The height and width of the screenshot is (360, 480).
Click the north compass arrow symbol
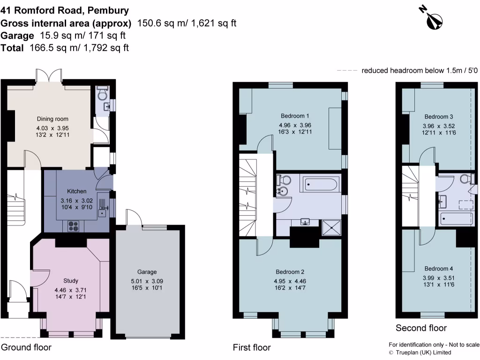tap(434, 18)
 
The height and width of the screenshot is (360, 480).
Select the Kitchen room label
tap(76, 191)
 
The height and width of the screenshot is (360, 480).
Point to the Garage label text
tap(147, 272)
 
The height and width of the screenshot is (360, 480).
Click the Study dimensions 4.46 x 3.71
tap(70, 289)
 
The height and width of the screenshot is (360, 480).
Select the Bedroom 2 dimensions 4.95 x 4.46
tap(290, 281)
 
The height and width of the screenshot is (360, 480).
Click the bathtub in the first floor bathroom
tap(320, 184)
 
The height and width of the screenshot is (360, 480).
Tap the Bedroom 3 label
tap(439, 117)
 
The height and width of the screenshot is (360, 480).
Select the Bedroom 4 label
tap(439, 269)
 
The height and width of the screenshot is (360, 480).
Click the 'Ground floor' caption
tap(26, 347)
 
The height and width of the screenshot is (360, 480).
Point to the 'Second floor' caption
tap(421, 328)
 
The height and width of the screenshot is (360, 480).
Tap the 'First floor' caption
tap(252, 347)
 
